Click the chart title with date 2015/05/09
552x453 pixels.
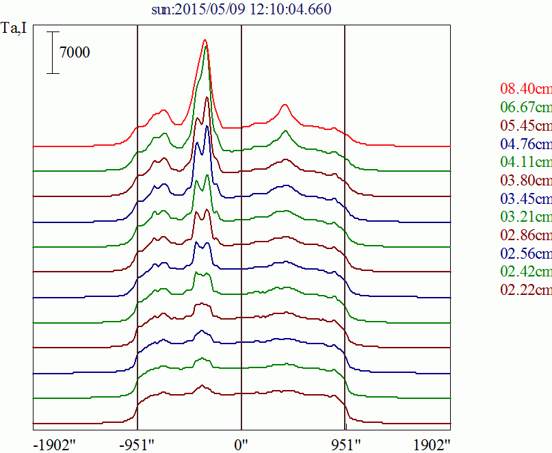241,10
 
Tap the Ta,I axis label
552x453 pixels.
16,31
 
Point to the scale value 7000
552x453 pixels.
75,52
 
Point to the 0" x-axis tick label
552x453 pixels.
241,444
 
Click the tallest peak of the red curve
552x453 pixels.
205,41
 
